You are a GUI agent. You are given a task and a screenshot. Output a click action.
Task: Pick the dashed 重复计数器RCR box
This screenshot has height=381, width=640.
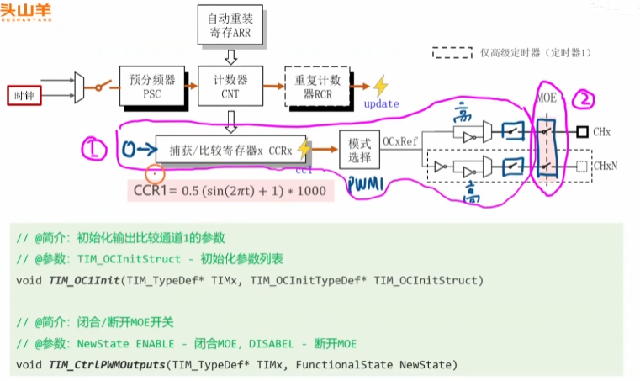(318, 87)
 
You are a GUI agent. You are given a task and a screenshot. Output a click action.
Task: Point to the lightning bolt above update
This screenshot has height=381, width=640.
(381, 86)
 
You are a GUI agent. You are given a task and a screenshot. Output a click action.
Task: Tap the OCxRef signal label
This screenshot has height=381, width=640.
(399, 142)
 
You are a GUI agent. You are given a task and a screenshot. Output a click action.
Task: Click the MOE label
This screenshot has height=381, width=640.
(547, 98)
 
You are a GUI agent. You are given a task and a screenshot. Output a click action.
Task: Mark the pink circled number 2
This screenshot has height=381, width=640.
(584, 100)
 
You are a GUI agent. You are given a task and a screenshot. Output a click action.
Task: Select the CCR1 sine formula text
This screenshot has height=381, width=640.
(230, 190)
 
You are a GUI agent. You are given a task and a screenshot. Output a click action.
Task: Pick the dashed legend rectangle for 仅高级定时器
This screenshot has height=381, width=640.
(452, 53)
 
